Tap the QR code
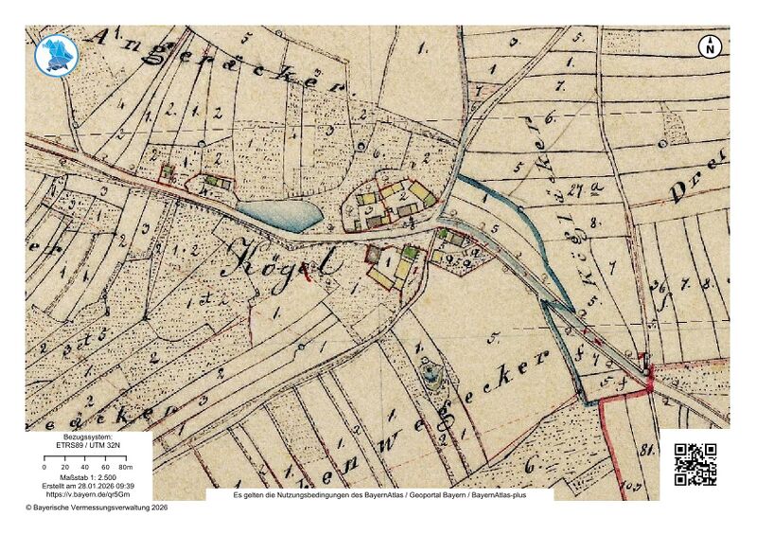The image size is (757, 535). tap(695, 465)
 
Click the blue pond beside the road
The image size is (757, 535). tap(280, 215)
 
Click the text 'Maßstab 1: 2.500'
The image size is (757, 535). tap(88, 476)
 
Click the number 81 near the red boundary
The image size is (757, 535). tap(648, 450)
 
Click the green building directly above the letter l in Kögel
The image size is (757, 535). tap(409, 253)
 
